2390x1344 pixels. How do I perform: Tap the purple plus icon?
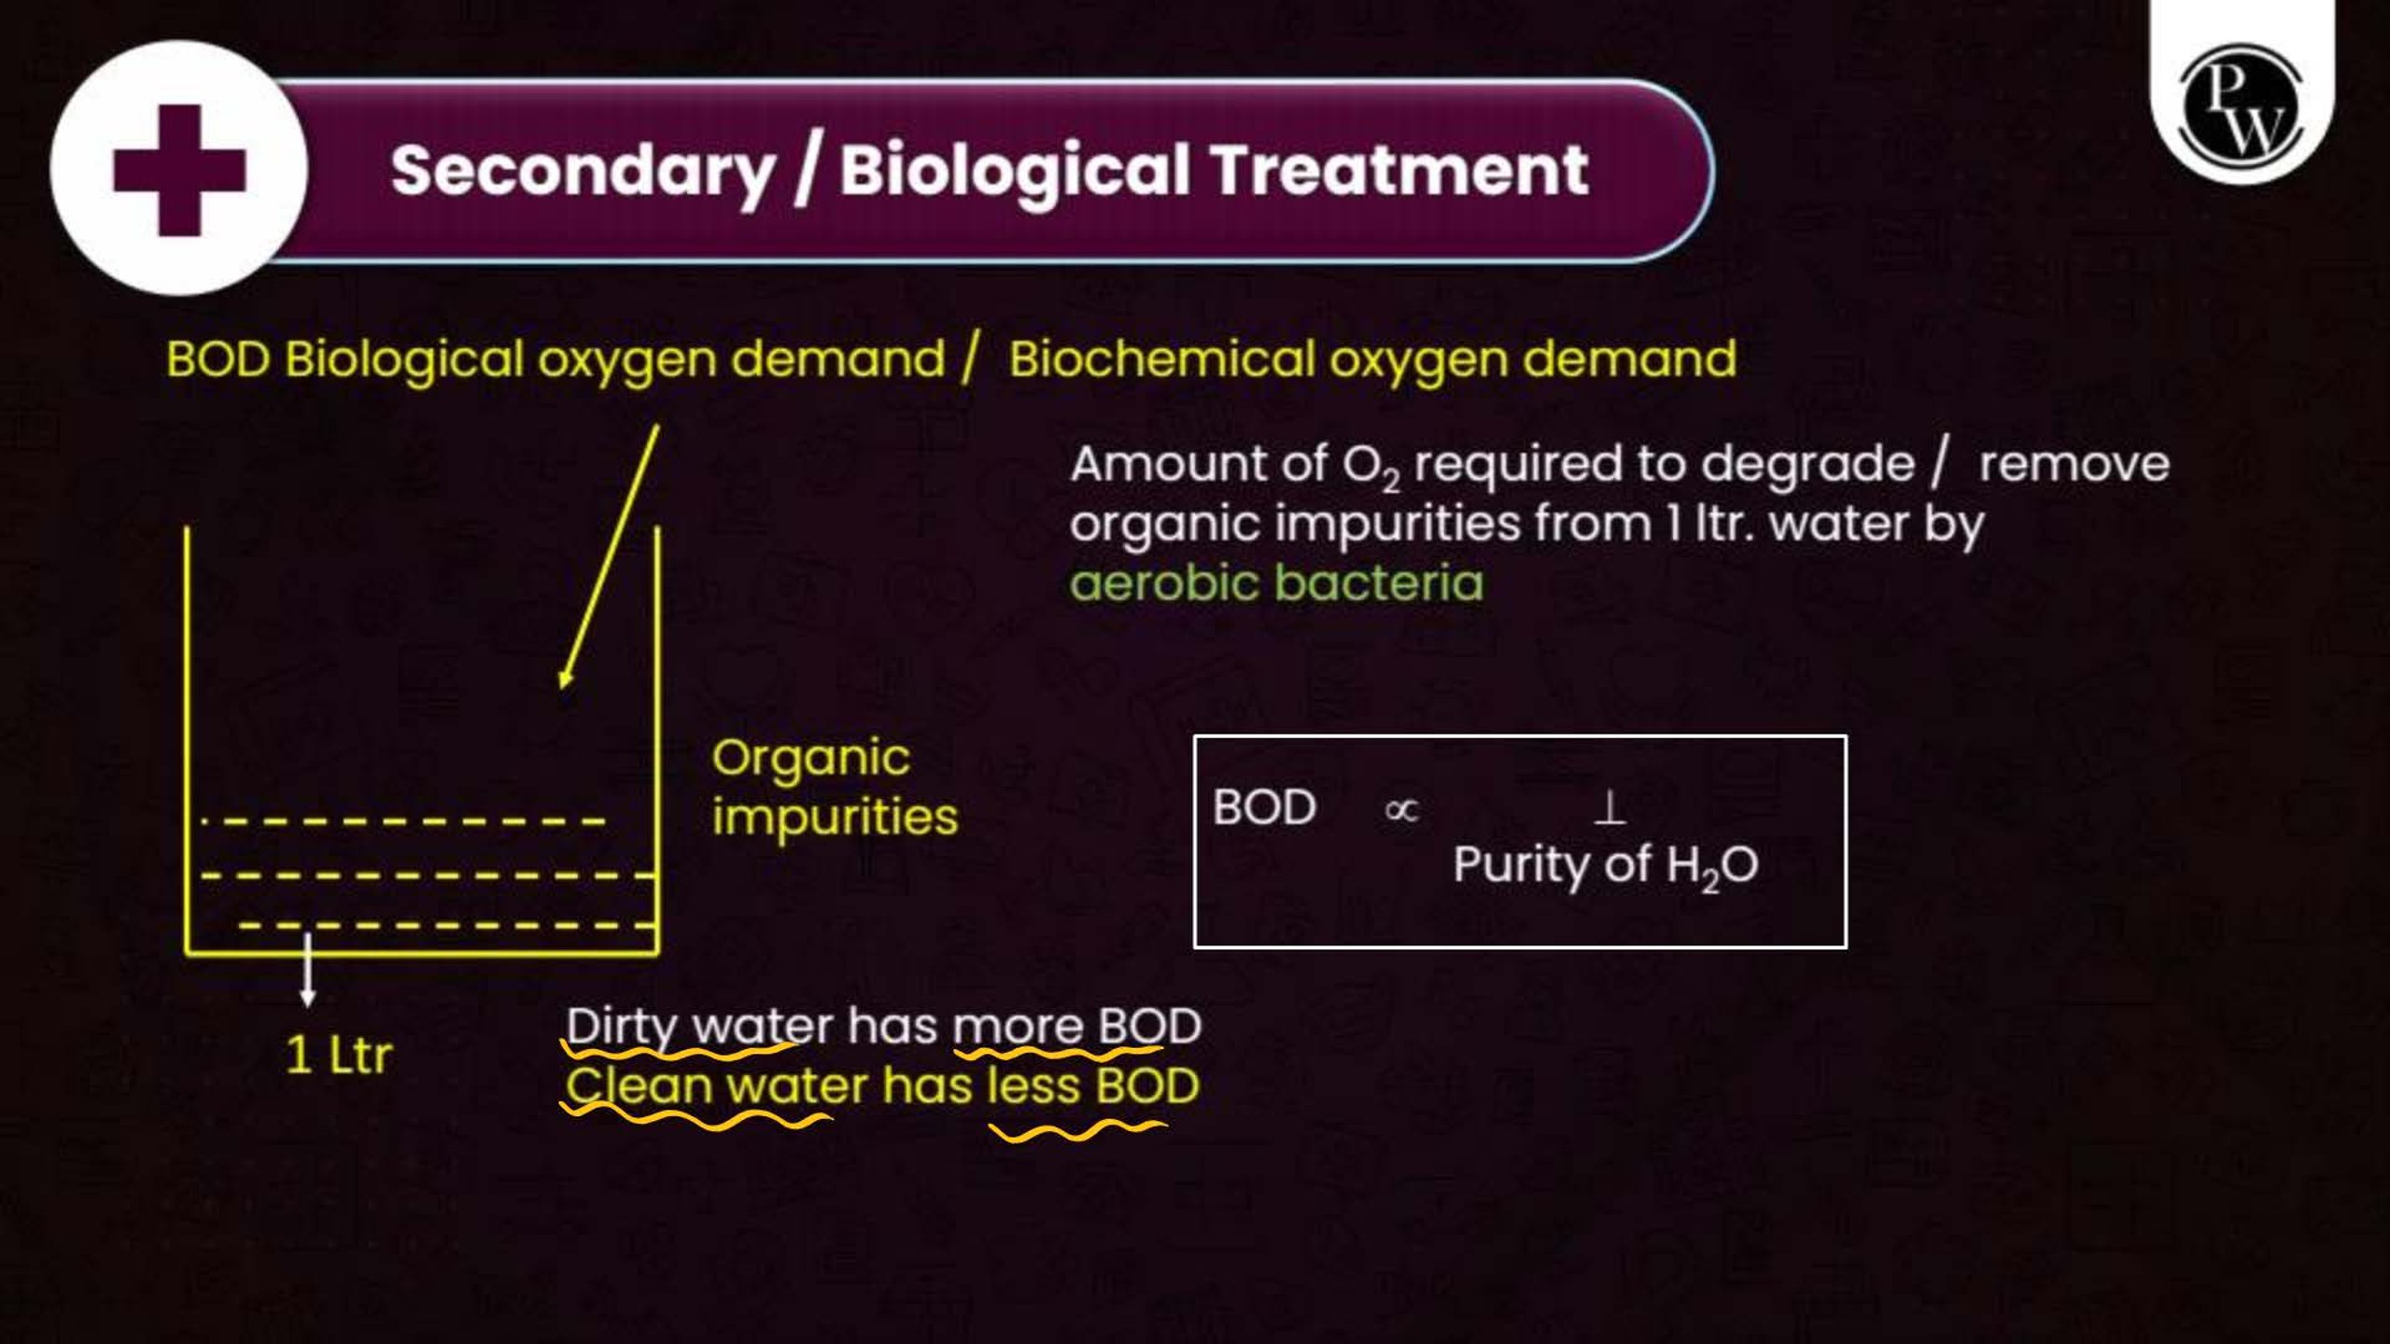click(x=179, y=170)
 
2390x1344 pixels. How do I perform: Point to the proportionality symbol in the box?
click(x=1401, y=810)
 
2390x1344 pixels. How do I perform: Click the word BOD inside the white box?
click(x=1265, y=807)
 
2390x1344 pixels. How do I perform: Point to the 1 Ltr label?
click(x=338, y=1056)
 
